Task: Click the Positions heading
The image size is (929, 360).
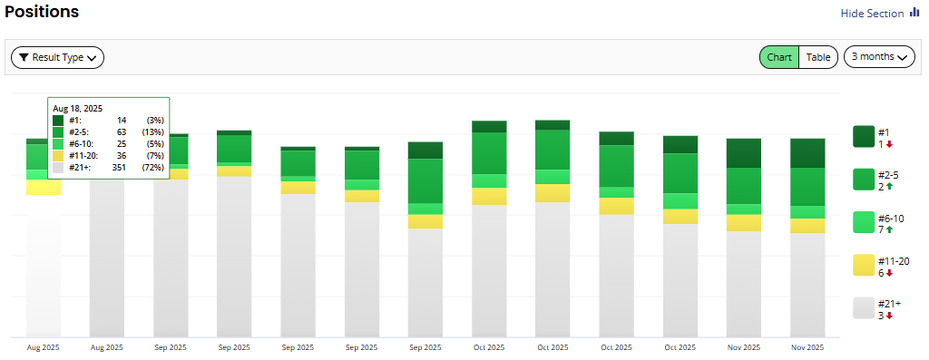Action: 42,12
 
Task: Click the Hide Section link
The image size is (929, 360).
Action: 872,14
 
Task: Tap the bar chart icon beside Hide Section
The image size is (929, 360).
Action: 914,13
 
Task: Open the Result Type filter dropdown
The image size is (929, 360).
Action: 57,57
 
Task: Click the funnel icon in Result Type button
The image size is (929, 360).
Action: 24,57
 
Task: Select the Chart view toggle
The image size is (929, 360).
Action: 779,57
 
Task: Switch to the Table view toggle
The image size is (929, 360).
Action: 818,57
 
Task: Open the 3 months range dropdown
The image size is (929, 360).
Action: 879,57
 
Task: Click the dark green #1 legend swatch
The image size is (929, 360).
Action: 864,137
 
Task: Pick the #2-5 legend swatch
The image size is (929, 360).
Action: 864,180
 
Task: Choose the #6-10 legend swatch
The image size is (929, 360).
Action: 864,222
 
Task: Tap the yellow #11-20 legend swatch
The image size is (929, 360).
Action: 864,265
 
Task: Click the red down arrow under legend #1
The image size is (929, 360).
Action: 889,144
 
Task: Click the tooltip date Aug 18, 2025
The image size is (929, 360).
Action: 77,108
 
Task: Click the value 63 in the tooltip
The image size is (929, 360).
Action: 122,131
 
